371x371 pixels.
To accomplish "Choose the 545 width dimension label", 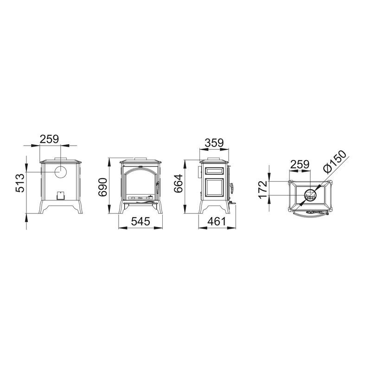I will [141, 222].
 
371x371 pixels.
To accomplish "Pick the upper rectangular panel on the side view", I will [214, 171].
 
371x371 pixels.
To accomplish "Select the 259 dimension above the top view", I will [300, 164].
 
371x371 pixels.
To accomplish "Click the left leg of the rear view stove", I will [43, 209].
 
